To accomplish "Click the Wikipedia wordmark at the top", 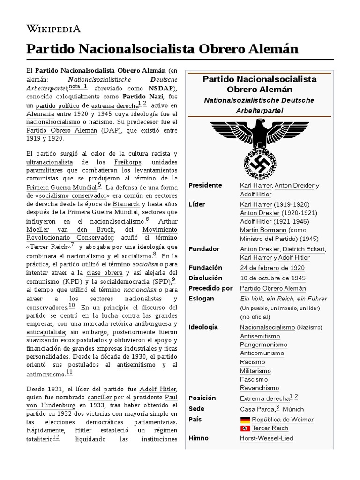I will point(53,29).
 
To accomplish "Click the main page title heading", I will point(162,49).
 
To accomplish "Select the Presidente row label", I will point(205,185).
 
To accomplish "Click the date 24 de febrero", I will point(263,268).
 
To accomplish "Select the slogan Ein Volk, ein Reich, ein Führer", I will point(283,299).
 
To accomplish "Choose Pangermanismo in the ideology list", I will point(263,345).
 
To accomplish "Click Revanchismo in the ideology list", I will point(259,388).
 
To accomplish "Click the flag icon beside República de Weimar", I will point(245,420).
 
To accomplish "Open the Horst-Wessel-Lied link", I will point(266,438).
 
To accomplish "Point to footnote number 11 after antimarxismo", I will point(69,372).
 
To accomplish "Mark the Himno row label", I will point(198,438).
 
